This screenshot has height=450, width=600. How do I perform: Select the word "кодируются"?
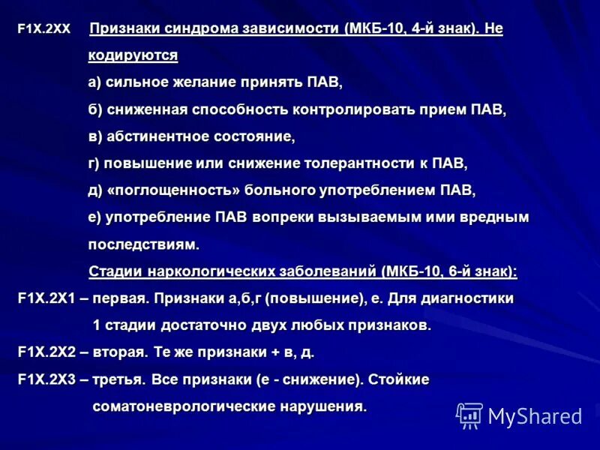pos(133,55)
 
